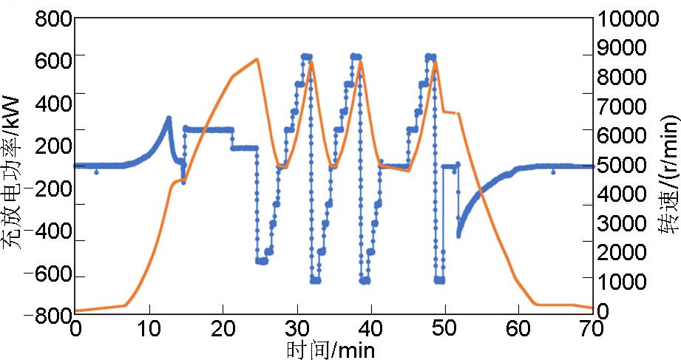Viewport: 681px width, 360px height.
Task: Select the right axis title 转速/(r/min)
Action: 669,167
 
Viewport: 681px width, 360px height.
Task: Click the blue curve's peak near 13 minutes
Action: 169,118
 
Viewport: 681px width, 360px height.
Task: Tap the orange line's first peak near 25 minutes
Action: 257,59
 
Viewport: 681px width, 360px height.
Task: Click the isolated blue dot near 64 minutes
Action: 553,171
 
